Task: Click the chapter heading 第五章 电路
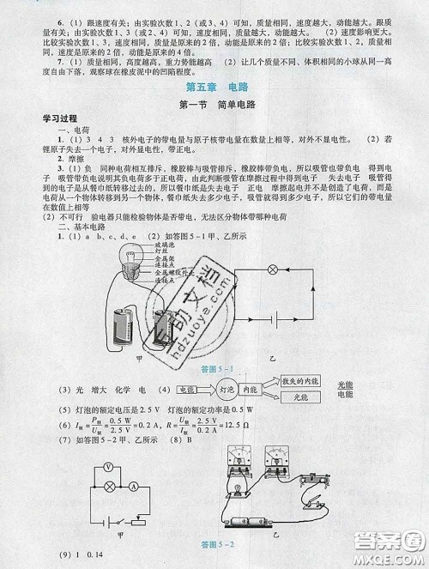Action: coord(214,88)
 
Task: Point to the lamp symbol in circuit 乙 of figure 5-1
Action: coord(275,269)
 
